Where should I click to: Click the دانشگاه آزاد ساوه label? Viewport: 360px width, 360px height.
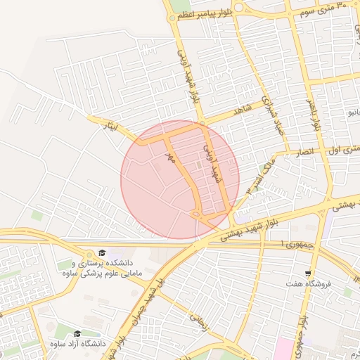click(78, 344)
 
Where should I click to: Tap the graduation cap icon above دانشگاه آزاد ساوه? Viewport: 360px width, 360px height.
click(77, 333)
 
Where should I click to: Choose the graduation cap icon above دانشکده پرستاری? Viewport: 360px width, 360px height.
click(103, 252)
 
